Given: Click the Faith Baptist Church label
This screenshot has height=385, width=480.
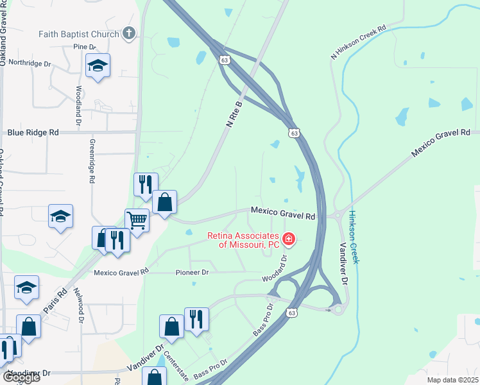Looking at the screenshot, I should click(79, 34).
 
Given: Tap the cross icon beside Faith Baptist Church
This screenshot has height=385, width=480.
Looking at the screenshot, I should click(128, 34).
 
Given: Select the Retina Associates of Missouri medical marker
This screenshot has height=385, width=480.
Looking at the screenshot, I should click(289, 240).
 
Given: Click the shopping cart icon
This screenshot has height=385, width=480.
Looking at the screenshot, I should click(137, 220).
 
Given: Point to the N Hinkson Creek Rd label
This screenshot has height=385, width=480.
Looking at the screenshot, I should click(359, 43).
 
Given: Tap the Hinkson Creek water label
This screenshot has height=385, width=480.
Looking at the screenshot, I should click(355, 237).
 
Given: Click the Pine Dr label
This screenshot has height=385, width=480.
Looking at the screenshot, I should click(84, 47).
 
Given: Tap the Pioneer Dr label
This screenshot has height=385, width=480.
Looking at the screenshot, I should click(193, 272).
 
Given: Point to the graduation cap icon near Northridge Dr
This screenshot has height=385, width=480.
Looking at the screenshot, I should click(98, 65).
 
